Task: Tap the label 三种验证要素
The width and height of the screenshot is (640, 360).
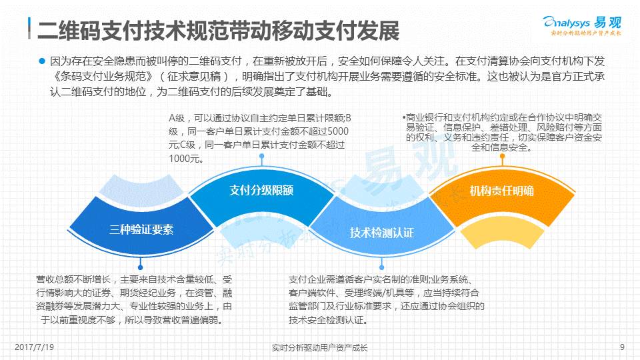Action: click(x=141, y=229)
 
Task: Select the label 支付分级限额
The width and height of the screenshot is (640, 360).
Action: click(x=261, y=190)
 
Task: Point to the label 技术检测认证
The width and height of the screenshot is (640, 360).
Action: click(x=382, y=233)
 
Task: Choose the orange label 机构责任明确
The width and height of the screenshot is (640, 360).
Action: click(x=501, y=191)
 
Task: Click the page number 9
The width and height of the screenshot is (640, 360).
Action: click(x=622, y=347)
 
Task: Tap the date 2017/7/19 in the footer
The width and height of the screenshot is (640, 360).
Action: click(x=33, y=347)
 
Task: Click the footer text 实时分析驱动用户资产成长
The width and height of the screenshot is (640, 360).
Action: click(x=320, y=347)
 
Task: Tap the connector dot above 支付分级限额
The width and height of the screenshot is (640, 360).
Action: click(x=262, y=157)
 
